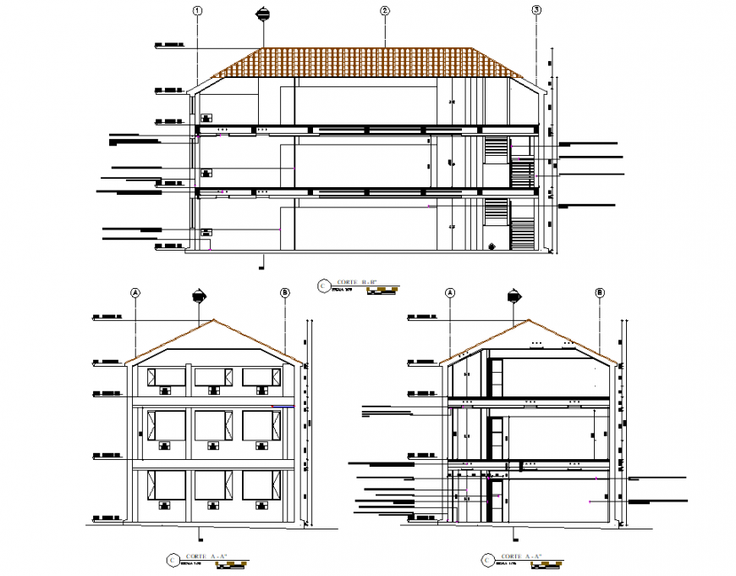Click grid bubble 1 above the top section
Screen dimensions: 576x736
(197, 11)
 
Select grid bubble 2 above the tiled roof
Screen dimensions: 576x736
(385, 11)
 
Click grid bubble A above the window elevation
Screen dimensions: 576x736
(135, 292)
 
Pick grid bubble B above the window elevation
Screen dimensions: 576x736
(285, 292)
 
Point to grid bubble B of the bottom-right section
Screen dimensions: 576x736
(600, 292)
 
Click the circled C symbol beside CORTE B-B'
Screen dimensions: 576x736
(321, 286)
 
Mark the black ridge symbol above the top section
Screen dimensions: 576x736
(264, 13)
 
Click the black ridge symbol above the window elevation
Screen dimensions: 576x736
(200, 295)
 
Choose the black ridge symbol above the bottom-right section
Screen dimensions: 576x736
(514, 295)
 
